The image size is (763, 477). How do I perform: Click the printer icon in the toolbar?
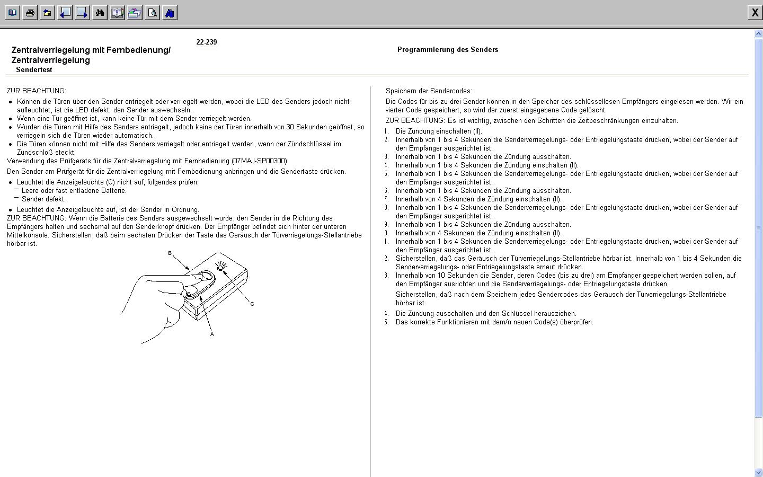30,13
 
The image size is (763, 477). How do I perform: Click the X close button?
755,13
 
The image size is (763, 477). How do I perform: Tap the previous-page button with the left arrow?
65,13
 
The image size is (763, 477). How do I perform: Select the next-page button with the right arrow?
83,13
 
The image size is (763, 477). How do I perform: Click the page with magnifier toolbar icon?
153,13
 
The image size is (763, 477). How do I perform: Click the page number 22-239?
206,42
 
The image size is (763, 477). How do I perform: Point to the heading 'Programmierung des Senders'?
448,50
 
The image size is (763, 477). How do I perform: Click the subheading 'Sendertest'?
34,70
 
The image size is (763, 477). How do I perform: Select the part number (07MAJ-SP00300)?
260,161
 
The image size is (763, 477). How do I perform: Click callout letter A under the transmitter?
212,334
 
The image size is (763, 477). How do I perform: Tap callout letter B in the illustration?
170,253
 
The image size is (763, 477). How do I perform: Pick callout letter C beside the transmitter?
252,304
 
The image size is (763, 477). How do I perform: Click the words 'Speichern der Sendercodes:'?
429,91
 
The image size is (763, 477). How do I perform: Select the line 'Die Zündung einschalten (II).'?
439,131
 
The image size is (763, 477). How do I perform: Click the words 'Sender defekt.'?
43,199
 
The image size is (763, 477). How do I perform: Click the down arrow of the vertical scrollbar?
758,472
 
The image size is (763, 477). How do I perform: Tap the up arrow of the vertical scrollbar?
758,34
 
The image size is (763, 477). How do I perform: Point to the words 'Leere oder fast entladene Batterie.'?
74,191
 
